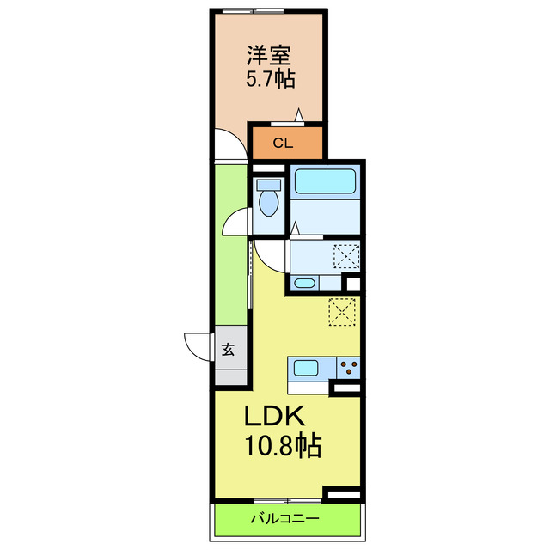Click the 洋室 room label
pos(268,57)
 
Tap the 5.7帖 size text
pos(268,80)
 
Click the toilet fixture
pos(268,199)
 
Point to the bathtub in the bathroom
pos(325,181)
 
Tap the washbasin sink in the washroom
pos(304,283)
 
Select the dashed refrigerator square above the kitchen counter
pos(342,311)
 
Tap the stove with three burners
pos(348,369)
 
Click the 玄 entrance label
pos(229,349)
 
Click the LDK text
pos(273,418)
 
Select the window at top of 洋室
pos(253,10)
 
